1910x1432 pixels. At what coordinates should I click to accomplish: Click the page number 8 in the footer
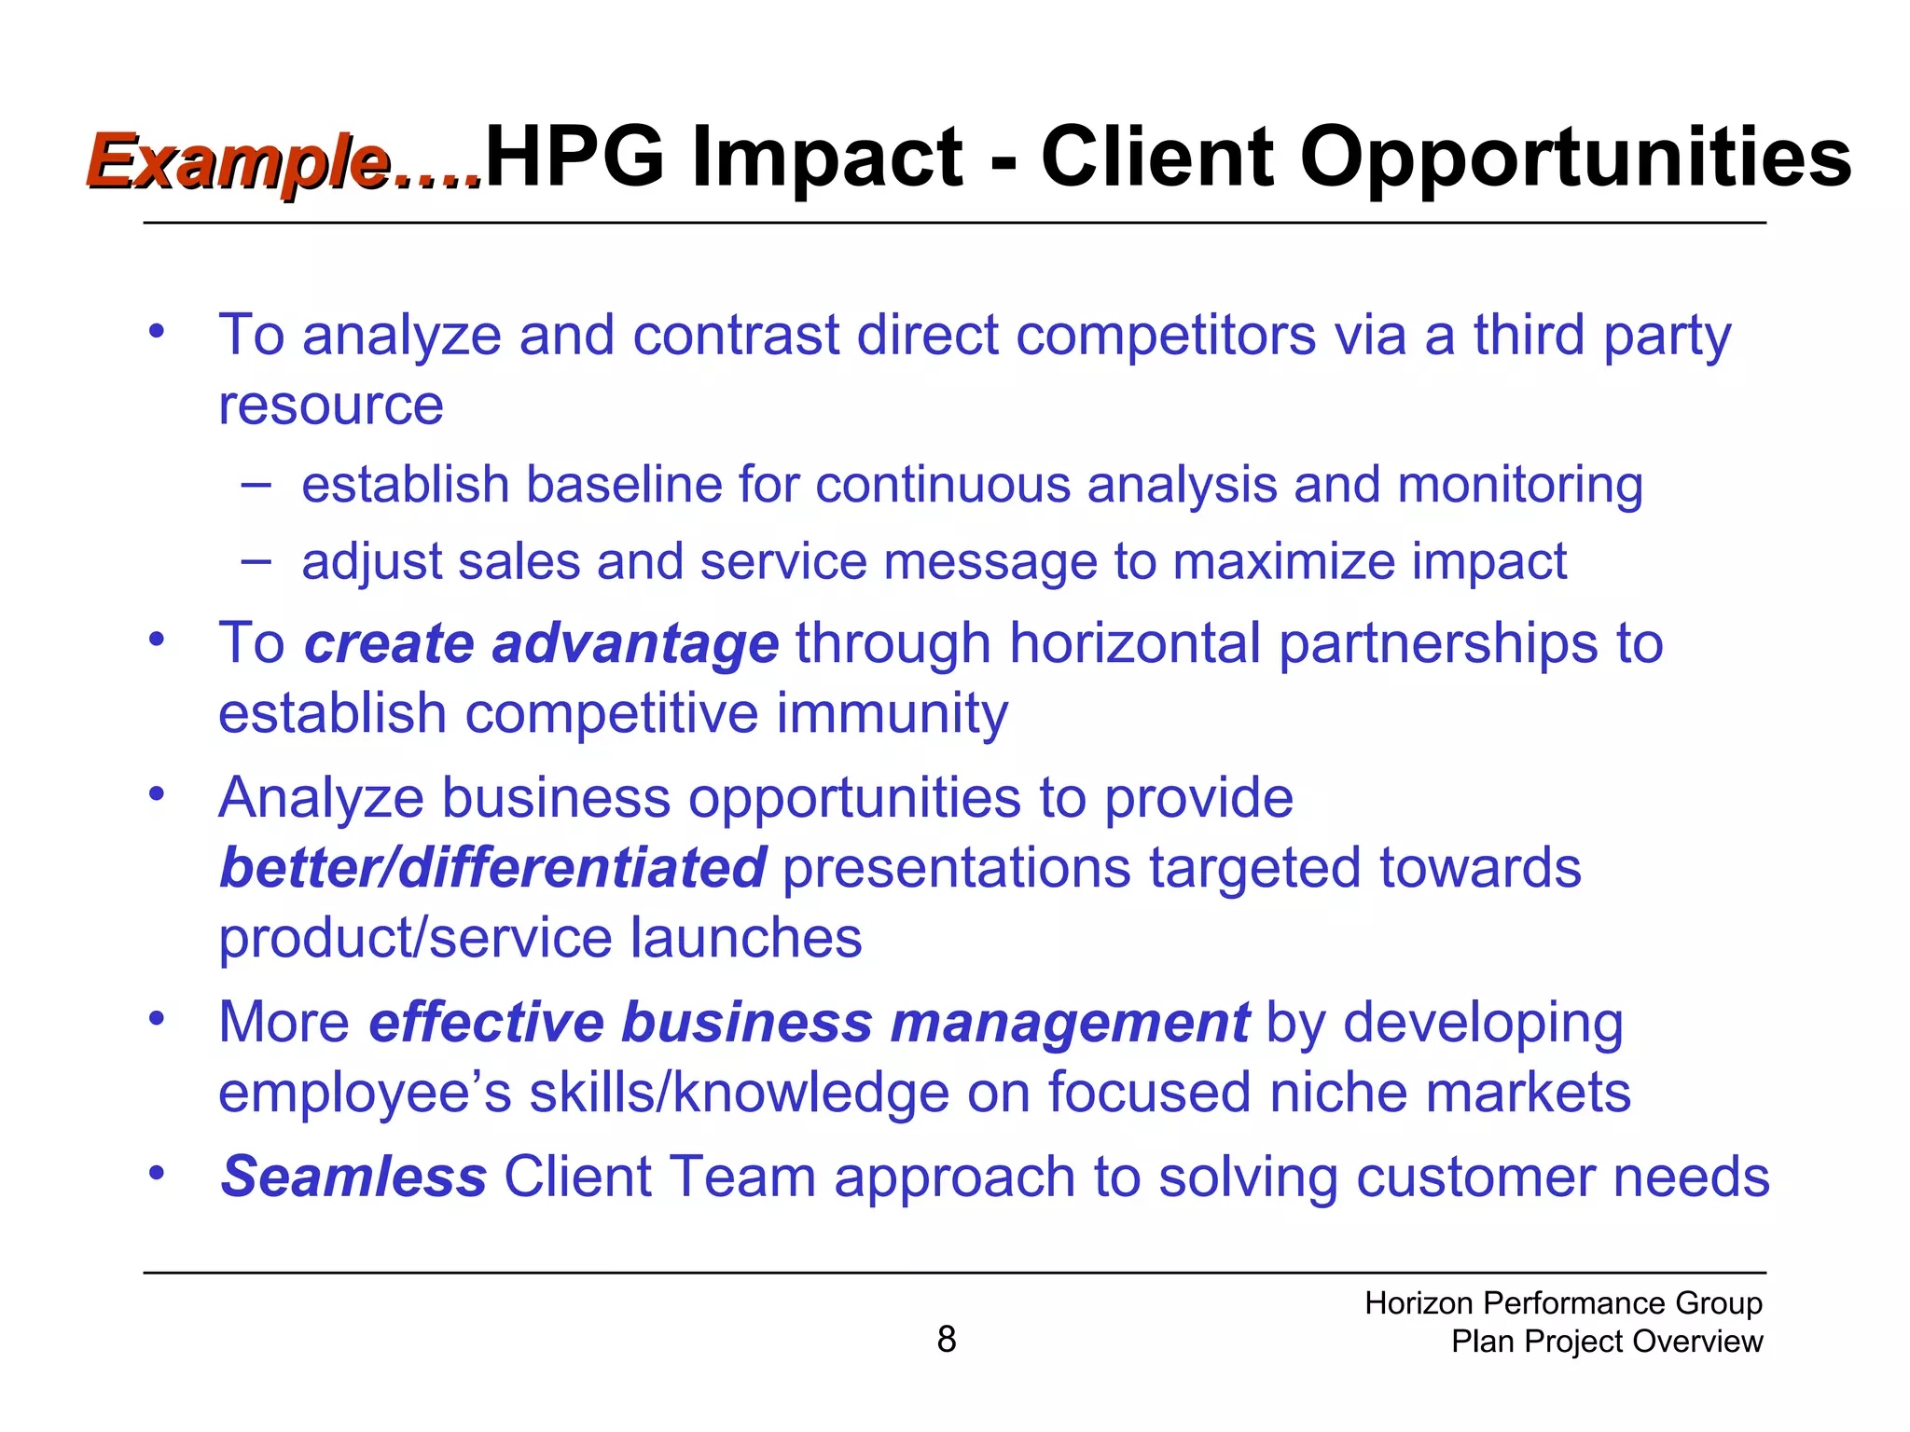pos(946,1339)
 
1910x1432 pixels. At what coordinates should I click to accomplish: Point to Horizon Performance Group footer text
pos(1563,1302)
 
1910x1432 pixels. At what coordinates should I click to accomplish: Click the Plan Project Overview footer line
pos(1606,1341)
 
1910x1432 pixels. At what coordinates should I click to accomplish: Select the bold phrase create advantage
pos(541,643)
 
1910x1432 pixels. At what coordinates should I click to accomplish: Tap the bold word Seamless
pos(353,1176)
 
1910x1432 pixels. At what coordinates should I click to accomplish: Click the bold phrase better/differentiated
pos(492,867)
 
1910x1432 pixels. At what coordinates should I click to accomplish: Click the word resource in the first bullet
pos(330,405)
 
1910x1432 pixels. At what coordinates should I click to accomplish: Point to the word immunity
pos(892,713)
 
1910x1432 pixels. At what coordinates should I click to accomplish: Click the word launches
pos(745,937)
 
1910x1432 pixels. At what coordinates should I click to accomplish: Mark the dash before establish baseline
pos(256,484)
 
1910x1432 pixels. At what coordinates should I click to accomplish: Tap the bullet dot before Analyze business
pos(157,793)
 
